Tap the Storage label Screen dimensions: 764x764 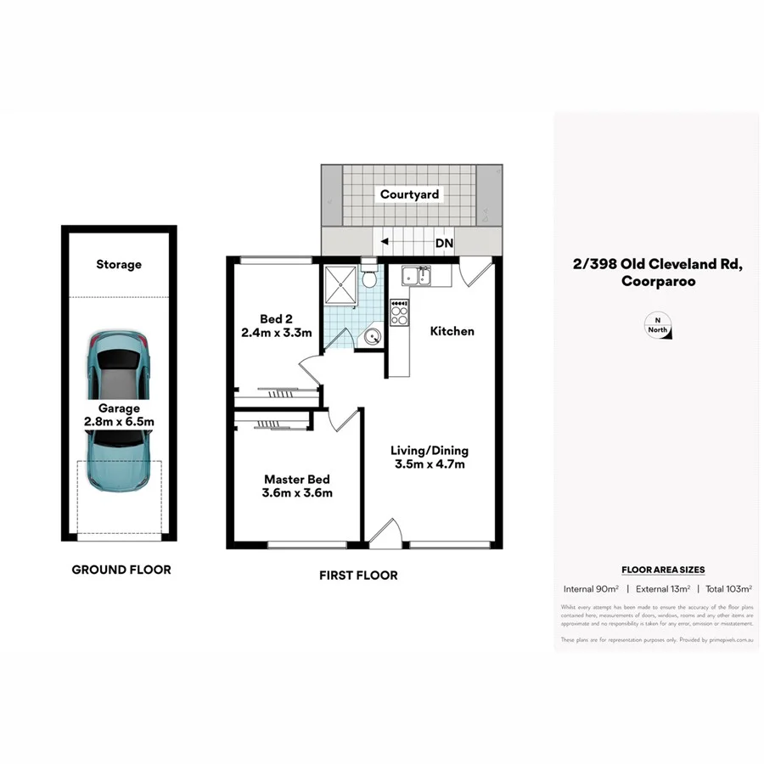[119, 265]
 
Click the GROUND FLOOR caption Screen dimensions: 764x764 [121, 570]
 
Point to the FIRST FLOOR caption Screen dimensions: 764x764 [358, 575]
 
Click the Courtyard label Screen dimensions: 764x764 [410, 194]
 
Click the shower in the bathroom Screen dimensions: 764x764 [340, 282]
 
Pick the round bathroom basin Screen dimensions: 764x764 [372, 337]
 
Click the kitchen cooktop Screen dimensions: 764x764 [399, 312]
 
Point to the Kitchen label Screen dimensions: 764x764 [452, 331]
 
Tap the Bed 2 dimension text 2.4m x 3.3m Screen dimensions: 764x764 [277, 333]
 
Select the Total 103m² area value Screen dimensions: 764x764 [729, 588]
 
